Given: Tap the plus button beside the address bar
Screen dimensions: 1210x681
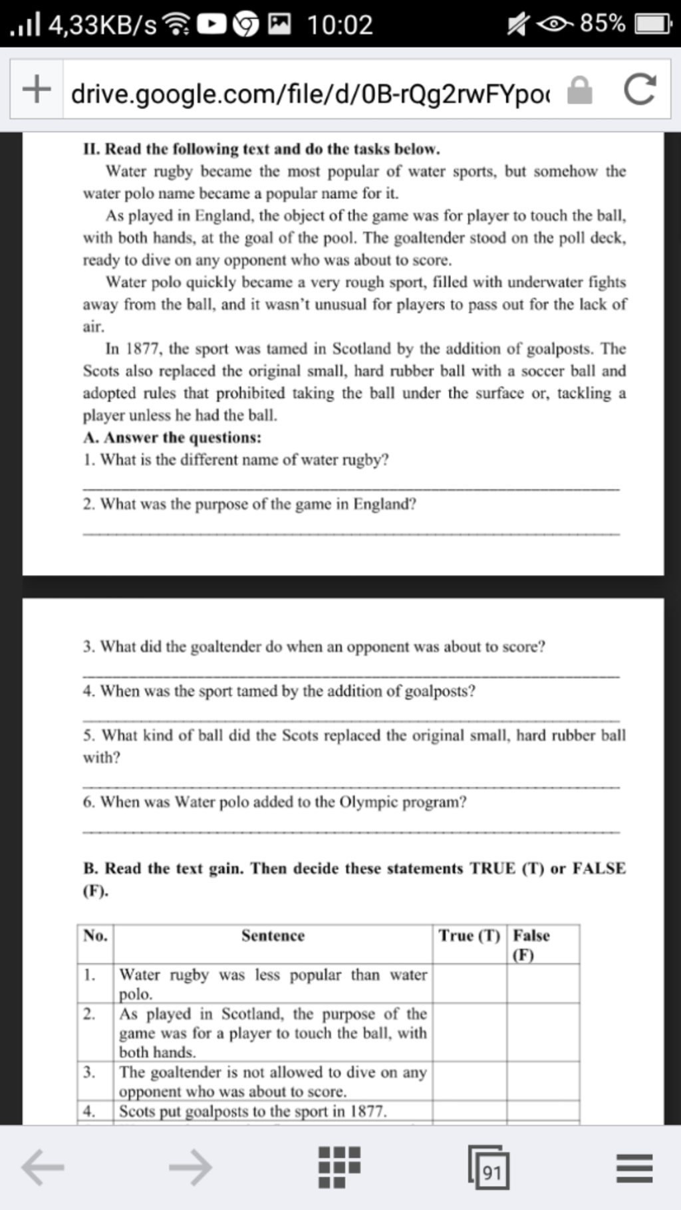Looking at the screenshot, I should click(x=37, y=89).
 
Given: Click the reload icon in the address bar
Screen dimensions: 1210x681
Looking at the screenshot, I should click(x=640, y=90).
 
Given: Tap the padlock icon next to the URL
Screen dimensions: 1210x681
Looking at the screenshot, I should click(x=579, y=90).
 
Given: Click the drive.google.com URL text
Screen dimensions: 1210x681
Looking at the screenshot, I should click(x=310, y=94).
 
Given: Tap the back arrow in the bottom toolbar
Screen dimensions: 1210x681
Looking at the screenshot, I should click(x=43, y=1167).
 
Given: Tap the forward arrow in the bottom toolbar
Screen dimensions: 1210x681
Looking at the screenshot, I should click(x=190, y=1167).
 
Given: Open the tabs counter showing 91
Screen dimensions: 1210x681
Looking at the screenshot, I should click(x=489, y=1168).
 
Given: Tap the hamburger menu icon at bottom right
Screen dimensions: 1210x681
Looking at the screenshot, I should click(x=634, y=1167).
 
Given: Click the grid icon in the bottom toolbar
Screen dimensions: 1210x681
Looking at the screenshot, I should click(x=339, y=1167).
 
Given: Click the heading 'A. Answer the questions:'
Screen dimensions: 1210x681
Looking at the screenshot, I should click(x=172, y=437).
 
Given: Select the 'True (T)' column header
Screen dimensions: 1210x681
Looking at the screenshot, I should click(x=469, y=936).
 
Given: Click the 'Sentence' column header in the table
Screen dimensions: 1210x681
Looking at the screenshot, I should click(x=273, y=936).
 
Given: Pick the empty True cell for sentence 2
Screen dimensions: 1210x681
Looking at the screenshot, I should click(x=469, y=1032).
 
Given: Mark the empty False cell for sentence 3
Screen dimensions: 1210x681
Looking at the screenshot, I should click(x=543, y=1080).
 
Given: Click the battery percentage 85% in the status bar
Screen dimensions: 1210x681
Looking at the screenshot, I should click(x=603, y=24).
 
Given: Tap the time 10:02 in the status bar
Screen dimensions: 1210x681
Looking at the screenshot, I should click(x=340, y=25).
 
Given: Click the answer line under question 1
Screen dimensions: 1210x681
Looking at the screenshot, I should click(x=351, y=489).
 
